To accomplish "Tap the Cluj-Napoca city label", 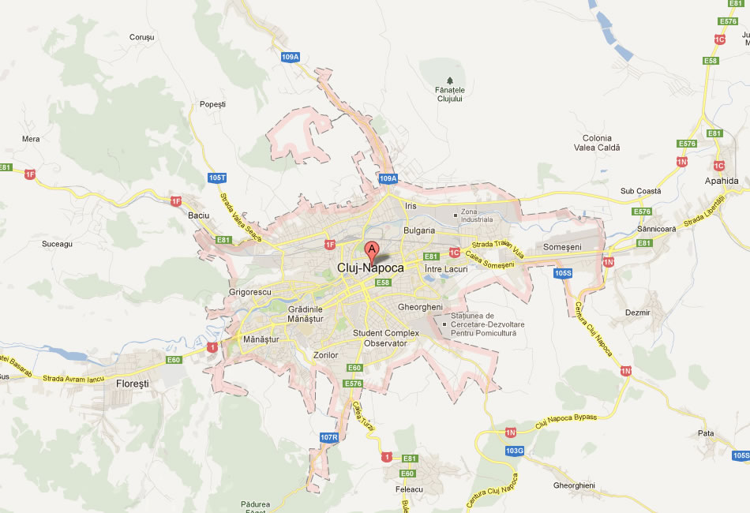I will pos(370,268).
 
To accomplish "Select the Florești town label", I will pos(132,383).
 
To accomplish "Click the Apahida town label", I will pos(722,181).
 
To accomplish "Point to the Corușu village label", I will pos(141,37).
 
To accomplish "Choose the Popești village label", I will pos(212,104).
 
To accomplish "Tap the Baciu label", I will pos(198,215).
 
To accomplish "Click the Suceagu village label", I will pos(57,244).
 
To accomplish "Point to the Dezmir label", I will pos(637,313).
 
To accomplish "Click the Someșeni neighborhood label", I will pos(562,247).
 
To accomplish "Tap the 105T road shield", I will pos(217,178).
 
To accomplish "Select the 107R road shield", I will pos(329,437).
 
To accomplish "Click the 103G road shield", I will pos(515,451).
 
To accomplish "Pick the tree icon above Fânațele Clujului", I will pos(450,80).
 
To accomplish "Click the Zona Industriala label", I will pos(477,215).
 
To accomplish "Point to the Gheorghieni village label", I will pos(574,485).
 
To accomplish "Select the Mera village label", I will pos(31,139).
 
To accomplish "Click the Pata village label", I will pos(706,433).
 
